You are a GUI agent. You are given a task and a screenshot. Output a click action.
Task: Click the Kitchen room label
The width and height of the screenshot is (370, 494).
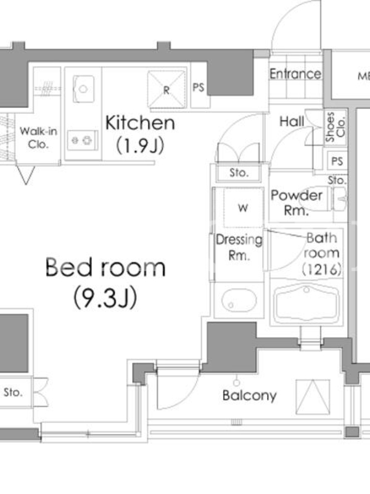140,123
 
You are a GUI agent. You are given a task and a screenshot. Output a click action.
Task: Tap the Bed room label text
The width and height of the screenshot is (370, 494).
105,267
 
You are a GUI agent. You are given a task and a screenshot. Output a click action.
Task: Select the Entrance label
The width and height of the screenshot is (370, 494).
295,74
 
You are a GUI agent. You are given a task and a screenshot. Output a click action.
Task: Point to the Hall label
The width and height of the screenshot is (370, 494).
292,121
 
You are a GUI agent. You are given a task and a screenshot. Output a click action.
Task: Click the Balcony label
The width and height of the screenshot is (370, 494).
250,396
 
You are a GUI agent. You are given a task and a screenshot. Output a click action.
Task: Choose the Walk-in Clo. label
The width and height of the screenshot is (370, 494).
38,137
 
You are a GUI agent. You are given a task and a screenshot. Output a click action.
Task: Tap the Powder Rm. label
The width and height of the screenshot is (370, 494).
297,203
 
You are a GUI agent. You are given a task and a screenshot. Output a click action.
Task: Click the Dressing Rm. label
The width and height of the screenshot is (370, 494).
239,248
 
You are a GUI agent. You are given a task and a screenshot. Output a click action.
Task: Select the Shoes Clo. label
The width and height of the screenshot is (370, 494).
335,127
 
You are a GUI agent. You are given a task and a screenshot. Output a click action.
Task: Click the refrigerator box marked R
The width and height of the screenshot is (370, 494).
166,90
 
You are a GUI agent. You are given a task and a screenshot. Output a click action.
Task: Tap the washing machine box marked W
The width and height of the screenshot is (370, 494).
243,207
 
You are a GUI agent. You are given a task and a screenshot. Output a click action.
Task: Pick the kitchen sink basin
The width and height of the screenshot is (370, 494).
83,89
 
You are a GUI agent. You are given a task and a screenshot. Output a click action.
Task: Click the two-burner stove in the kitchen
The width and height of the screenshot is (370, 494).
83,140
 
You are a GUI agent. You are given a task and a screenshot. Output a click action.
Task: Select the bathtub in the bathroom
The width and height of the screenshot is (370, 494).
306,303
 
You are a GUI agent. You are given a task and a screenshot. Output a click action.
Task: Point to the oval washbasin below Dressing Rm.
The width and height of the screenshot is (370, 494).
239,300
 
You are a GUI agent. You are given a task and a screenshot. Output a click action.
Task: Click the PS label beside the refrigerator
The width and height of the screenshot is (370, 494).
198,87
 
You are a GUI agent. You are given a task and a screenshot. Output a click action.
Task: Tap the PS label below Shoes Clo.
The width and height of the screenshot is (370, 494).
337,161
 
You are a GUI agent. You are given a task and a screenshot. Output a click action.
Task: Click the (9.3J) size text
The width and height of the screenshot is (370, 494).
105,298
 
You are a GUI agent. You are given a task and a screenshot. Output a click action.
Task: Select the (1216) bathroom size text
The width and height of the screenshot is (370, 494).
321,269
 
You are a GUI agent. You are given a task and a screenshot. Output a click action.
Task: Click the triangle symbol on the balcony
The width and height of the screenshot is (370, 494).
313,397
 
